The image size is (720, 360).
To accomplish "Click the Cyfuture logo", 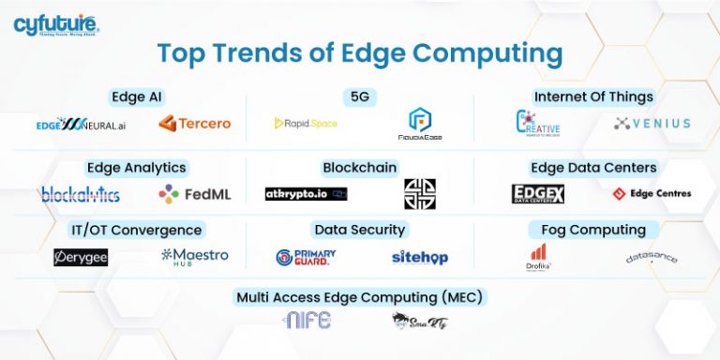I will coord(56,25).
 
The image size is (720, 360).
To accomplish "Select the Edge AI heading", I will coord(138,97).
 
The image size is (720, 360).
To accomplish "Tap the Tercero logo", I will coord(195,123).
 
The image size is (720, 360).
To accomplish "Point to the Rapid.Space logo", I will coord(306,123).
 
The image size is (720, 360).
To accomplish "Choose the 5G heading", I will coord(360,97).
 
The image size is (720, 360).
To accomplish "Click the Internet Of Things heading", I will coord(593,97).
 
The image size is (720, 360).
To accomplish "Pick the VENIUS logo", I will coord(652,123).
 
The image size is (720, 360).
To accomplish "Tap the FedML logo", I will coord(195,194).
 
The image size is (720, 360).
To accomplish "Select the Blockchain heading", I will coord(360,168).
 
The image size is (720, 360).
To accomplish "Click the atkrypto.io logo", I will coord(306,194).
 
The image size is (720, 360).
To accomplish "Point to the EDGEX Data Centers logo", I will coord(538,194).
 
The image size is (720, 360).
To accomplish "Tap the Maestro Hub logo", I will coord(195,255).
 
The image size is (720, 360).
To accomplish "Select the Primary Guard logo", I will coord(306,257).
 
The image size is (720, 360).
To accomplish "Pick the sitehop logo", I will coord(420,257).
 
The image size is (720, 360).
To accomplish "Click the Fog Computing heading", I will coord(593,230).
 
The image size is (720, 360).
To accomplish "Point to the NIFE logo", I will coord(307,321).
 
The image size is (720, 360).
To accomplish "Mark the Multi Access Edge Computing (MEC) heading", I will coord(361,297).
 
